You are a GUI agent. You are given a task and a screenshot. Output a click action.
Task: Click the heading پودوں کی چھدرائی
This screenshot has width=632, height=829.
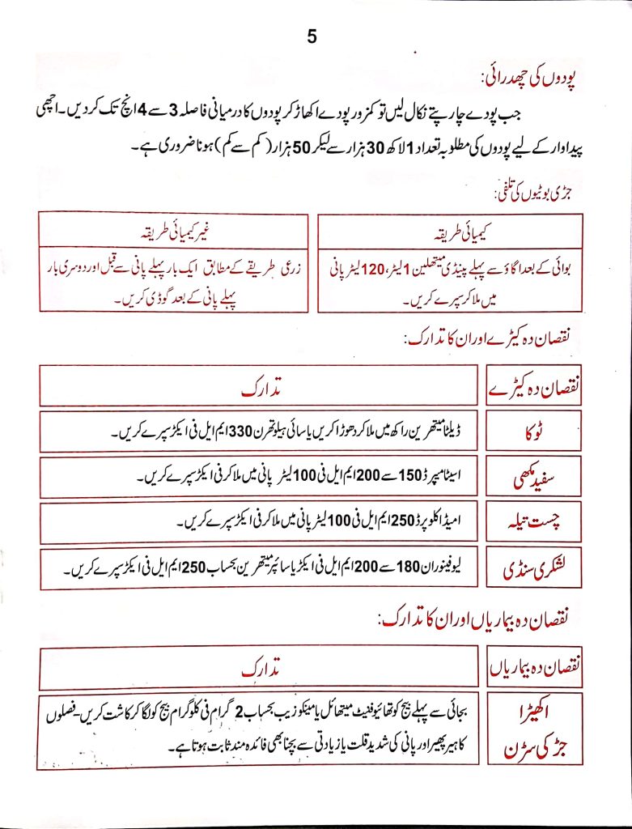pyautogui.click(x=528, y=79)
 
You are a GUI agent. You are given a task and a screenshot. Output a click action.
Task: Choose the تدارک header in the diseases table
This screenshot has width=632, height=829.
pyautogui.click(x=261, y=670)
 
